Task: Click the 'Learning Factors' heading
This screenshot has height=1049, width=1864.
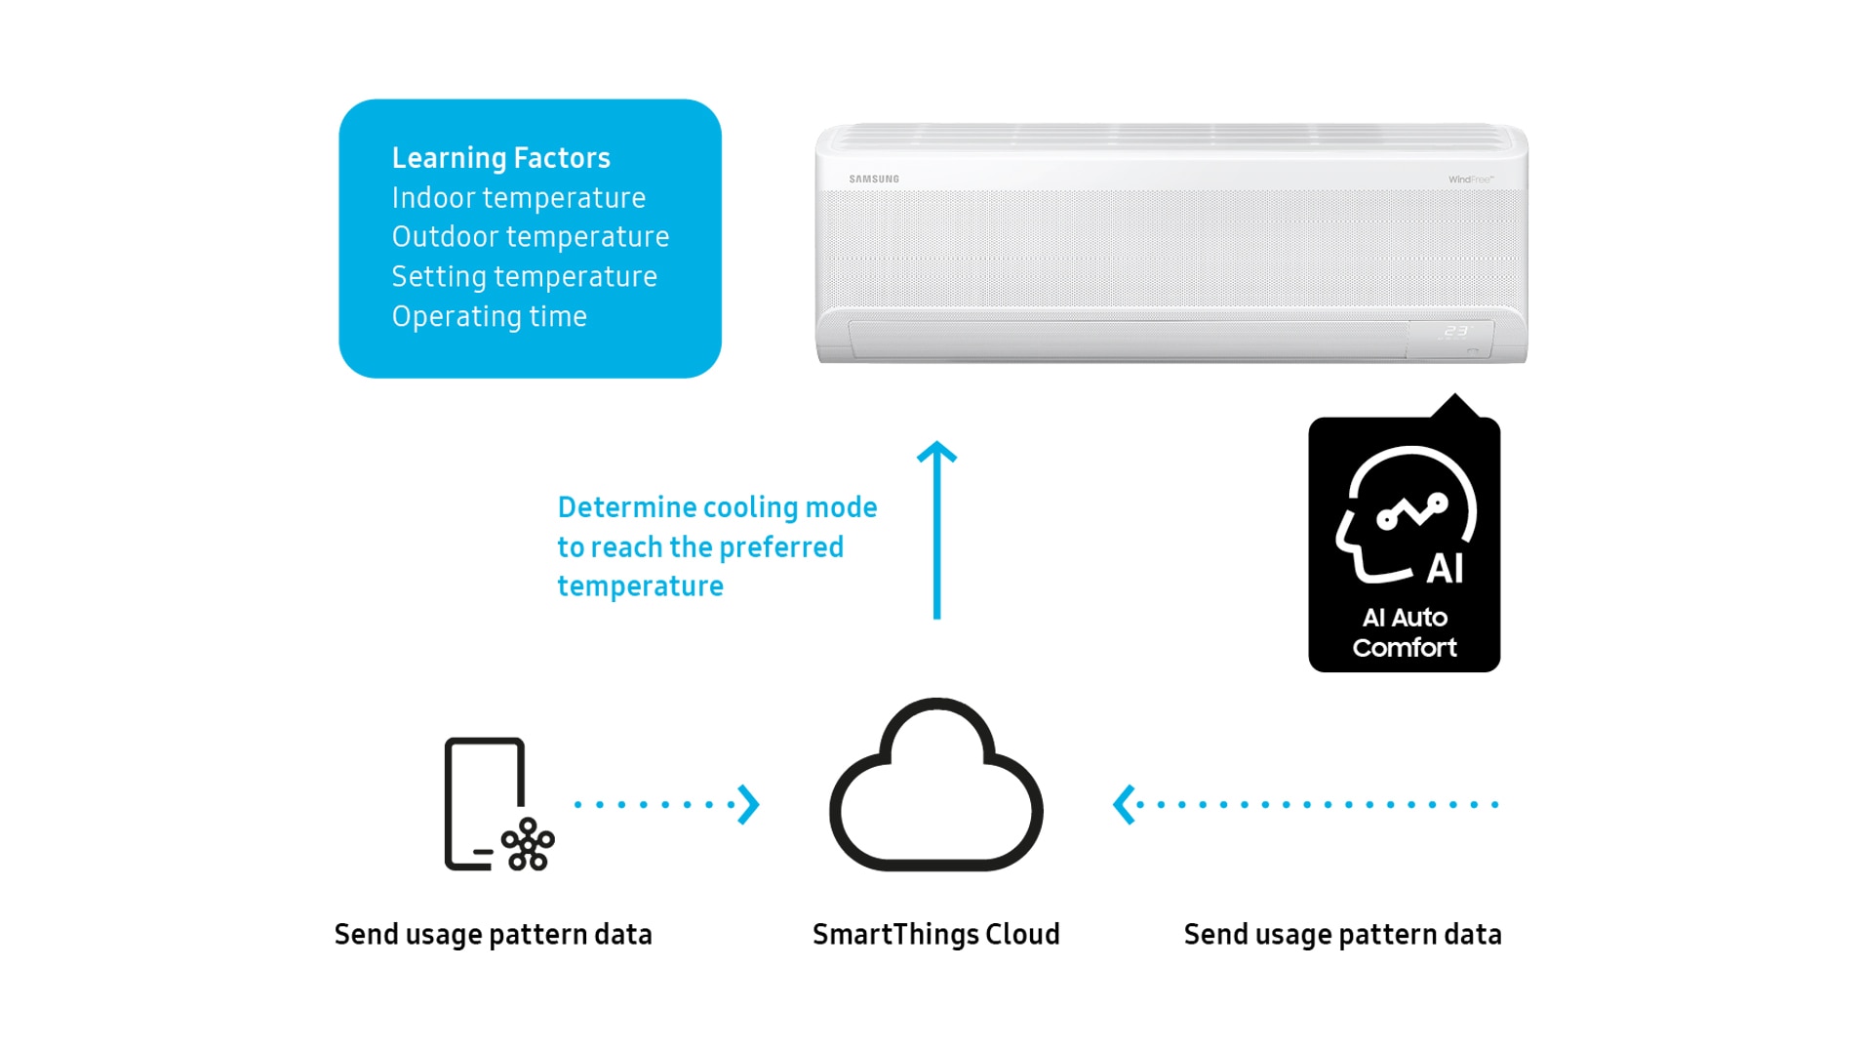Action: click(500, 158)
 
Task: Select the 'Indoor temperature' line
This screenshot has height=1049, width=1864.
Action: click(518, 198)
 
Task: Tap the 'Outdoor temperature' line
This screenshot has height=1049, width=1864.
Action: click(530, 237)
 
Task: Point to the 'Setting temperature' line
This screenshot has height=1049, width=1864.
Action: click(524, 277)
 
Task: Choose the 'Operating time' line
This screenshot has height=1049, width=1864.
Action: click(489, 317)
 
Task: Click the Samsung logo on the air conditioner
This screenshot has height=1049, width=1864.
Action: click(873, 180)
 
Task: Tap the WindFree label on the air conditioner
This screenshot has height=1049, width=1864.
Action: click(1470, 180)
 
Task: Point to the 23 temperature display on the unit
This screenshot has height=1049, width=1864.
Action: click(1455, 332)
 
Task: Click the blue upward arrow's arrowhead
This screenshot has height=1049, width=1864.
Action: click(936, 452)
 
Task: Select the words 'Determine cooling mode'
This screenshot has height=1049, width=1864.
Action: click(717, 507)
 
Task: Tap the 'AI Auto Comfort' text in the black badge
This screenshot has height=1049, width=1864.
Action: click(1404, 632)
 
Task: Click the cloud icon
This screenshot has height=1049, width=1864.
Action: click(935, 790)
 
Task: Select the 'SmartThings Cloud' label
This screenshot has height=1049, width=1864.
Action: click(935, 935)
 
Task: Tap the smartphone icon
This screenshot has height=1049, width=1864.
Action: click(484, 802)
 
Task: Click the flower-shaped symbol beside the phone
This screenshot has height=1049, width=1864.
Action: click(528, 844)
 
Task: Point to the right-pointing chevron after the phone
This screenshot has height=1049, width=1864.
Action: click(748, 805)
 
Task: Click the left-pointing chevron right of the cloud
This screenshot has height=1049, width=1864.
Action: click(1124, 805)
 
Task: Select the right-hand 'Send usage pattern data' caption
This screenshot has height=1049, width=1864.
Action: click(1342, 935)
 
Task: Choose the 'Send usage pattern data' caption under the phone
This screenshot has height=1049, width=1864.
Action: click(493, 935)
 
